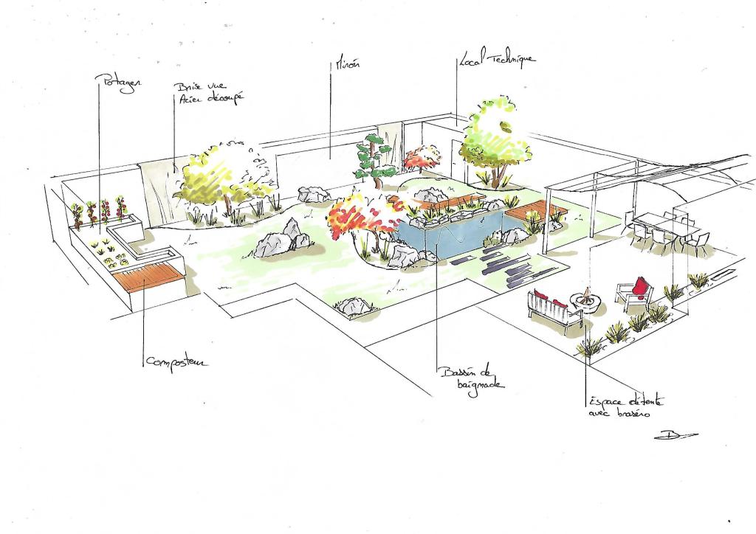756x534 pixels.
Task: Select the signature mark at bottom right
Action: point(674,434)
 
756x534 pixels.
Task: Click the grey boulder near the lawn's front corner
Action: point(353,305)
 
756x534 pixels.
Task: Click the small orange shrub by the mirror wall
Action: point(422,157)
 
